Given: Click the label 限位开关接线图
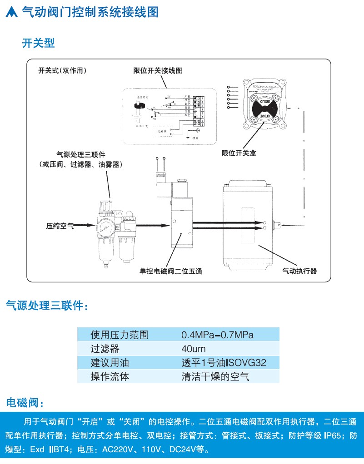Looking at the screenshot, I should (x=158, y=71).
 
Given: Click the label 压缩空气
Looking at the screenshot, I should (x=60, y=225).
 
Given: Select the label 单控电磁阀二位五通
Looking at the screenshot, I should (x=170, y=271).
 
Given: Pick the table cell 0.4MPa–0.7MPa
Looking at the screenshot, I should (x=217, y=335).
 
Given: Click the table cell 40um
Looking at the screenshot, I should (x=193, y=349).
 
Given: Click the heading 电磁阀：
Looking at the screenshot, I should (x=25, y=403).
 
